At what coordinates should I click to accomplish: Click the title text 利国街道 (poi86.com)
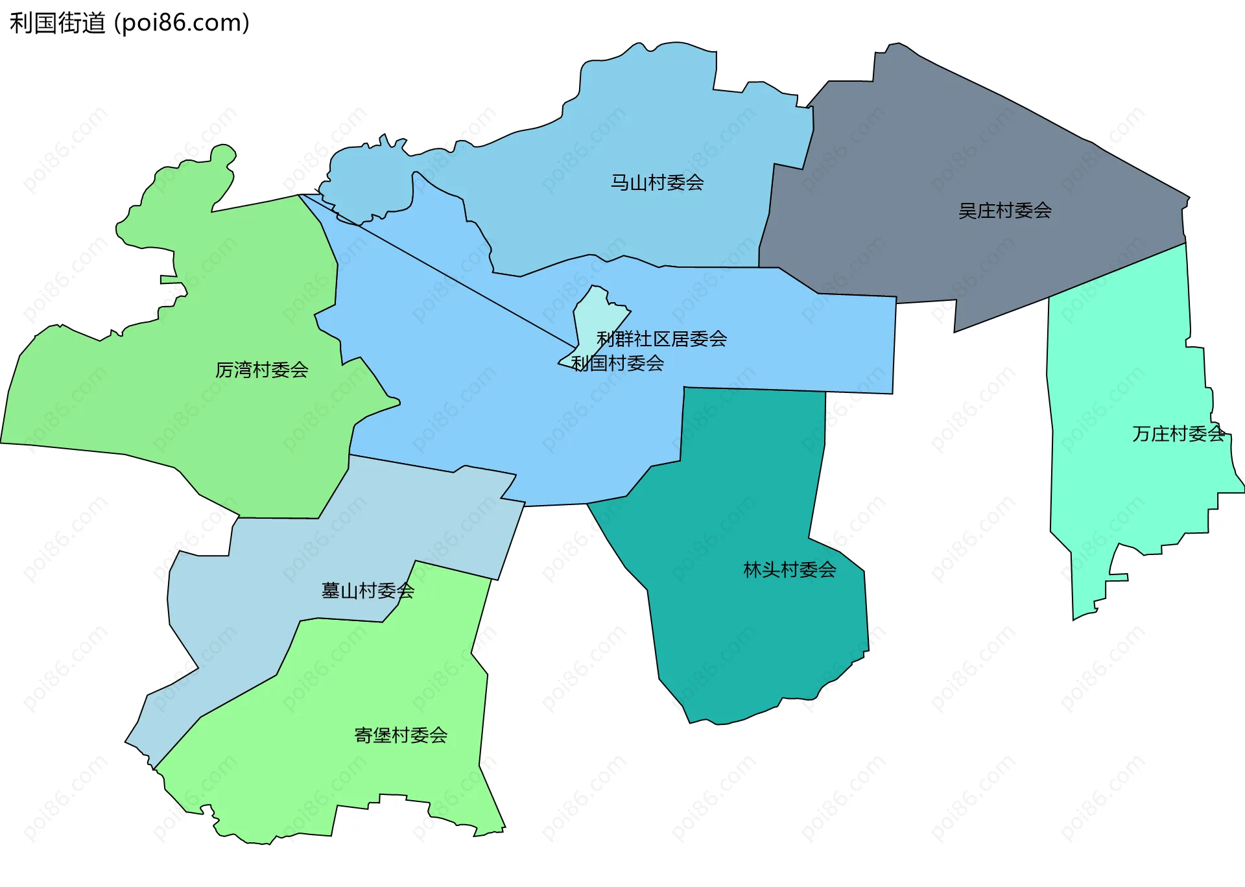[130, 23]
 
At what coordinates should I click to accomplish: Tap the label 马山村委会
[657, 183]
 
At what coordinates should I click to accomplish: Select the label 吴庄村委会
[1004, 211]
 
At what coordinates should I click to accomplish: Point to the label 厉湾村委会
[261, 370]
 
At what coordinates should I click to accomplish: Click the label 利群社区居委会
[661, 339]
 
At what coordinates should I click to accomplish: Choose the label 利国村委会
[617, 364]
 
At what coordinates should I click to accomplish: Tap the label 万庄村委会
[1178, 434]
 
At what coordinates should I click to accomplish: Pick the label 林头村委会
[789, 570]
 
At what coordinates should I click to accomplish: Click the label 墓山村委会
[368, 591]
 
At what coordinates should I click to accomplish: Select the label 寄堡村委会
[401, 735]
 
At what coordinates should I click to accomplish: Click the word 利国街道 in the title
[58, 23]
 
